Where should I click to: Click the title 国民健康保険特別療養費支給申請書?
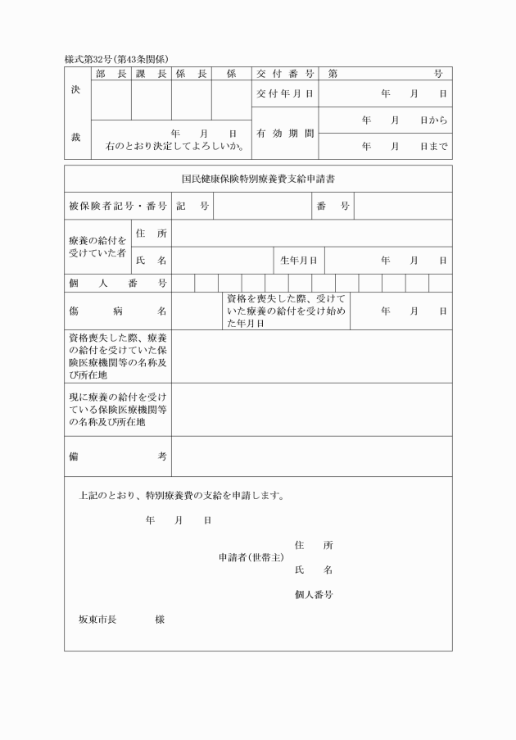click(x=258, y=179)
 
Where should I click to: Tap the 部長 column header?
click(x=111, y=74)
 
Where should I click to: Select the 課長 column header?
click(x=151, y=74)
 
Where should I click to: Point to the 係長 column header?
click(x=191, y=74)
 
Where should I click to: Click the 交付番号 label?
click(x=284, y=74)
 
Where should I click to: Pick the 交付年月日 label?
click(x=284, y=94)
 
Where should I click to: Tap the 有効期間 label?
click(x=284, y=133)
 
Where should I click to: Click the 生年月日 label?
click(x=298, y=261)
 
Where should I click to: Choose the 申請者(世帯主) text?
click(x=251, y=557)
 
